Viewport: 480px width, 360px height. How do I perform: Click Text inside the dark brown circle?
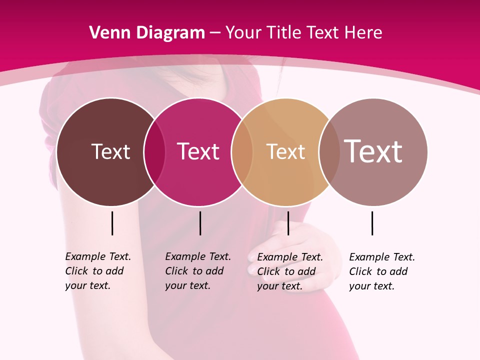tap(110, 151)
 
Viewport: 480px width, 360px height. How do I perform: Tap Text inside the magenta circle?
tap(198, 151)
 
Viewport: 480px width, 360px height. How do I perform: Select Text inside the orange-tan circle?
tap(285, 151)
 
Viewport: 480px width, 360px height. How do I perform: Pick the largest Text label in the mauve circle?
tap(373, 151)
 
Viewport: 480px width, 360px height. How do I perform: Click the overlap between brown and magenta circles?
tap(154, 151)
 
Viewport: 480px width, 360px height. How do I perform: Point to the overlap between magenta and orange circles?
tap(242, 151)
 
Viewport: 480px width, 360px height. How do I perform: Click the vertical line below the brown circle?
tap(112, 223)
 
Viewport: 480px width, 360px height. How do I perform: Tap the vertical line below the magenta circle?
tap(200, 223)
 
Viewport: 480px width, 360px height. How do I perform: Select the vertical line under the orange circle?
tap(288, 223)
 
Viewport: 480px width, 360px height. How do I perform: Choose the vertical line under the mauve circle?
tap(372, 223)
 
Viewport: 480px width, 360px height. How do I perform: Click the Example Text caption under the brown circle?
tap(97, 271)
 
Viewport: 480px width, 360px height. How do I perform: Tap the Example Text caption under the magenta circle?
tap(197, 271)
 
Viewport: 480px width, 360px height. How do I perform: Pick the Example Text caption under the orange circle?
tap(289, 271)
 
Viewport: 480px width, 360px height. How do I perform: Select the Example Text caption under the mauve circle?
tap(381, 271)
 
